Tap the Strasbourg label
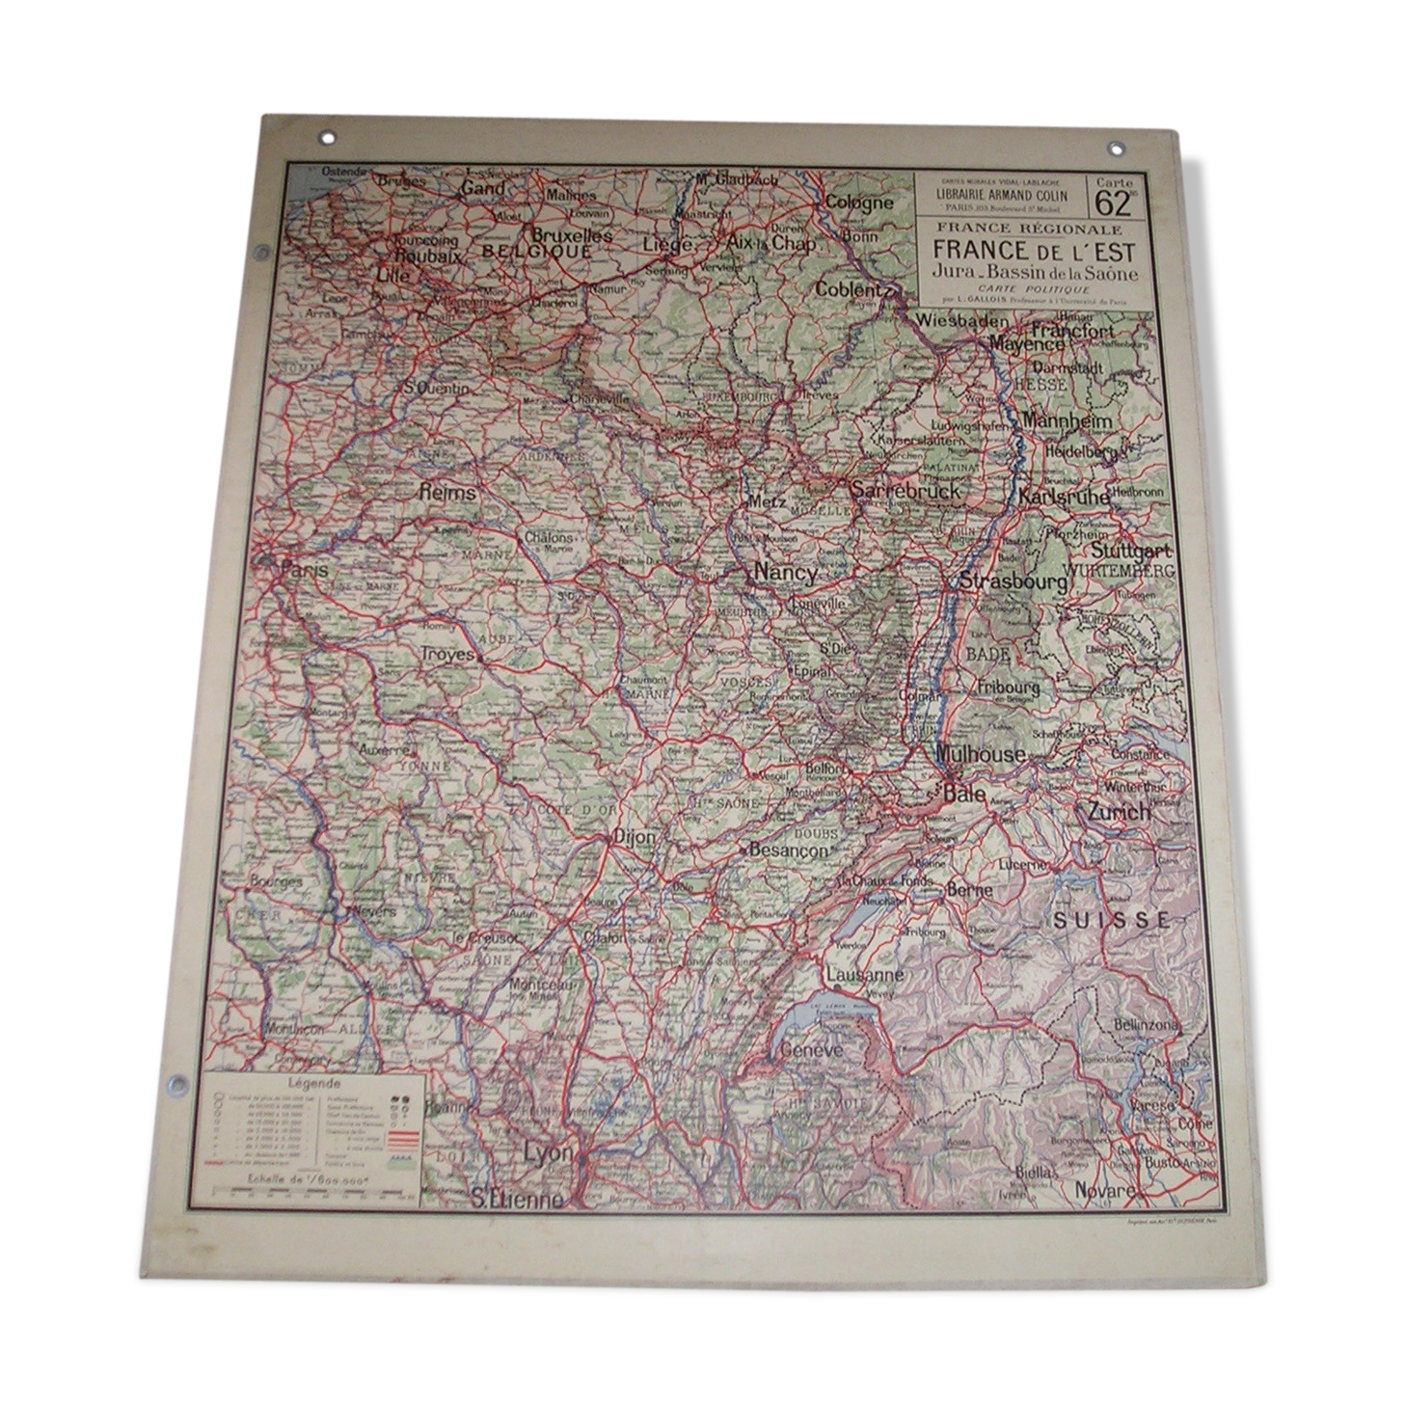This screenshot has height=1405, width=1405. point(1013,581)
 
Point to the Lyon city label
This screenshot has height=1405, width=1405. point(548,1153)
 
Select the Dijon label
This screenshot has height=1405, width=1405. point(634,837)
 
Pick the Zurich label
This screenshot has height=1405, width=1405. point(1119,811)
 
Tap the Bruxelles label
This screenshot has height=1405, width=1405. point(572,234)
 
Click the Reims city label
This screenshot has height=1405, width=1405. point(447,492)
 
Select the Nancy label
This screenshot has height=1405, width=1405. point(785,571)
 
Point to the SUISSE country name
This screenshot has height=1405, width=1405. point(1111,920)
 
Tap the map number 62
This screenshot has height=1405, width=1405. point(1113,203)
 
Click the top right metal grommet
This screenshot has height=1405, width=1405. point(1116,149)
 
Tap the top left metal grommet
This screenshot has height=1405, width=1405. point(329,138)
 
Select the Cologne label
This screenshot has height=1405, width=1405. point(858,203)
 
